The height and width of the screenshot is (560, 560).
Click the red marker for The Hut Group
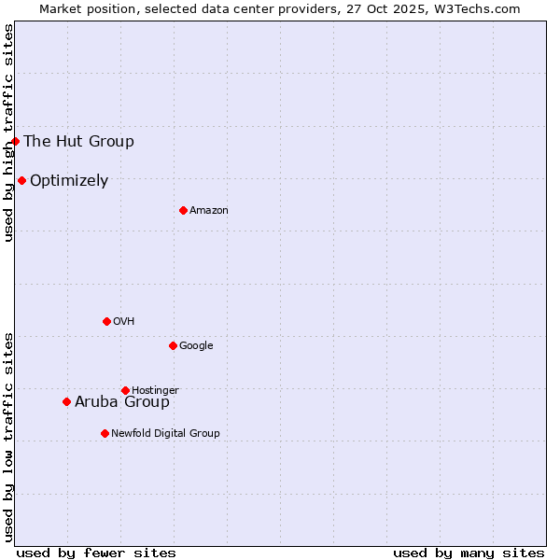16,141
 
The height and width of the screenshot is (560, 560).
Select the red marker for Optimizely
21,180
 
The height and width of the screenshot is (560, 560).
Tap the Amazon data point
183,210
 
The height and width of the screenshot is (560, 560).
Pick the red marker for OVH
106,321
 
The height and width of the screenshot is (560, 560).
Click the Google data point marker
173,345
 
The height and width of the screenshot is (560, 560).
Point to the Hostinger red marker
125,390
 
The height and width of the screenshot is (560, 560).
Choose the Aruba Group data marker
66,401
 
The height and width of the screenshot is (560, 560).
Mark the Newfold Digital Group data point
105,433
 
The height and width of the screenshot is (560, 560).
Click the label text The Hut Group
78,142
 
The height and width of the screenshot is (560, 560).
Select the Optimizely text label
69,181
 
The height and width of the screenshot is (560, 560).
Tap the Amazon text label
209,211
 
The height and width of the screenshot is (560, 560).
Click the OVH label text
124,322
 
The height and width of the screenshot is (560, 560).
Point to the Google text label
196,346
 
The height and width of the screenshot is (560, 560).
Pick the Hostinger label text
155,391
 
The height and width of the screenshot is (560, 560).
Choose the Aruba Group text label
122,402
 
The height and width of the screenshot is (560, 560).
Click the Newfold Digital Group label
165,434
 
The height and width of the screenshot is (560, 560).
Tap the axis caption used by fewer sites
96,553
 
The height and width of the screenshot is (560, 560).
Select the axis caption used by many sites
469,553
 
